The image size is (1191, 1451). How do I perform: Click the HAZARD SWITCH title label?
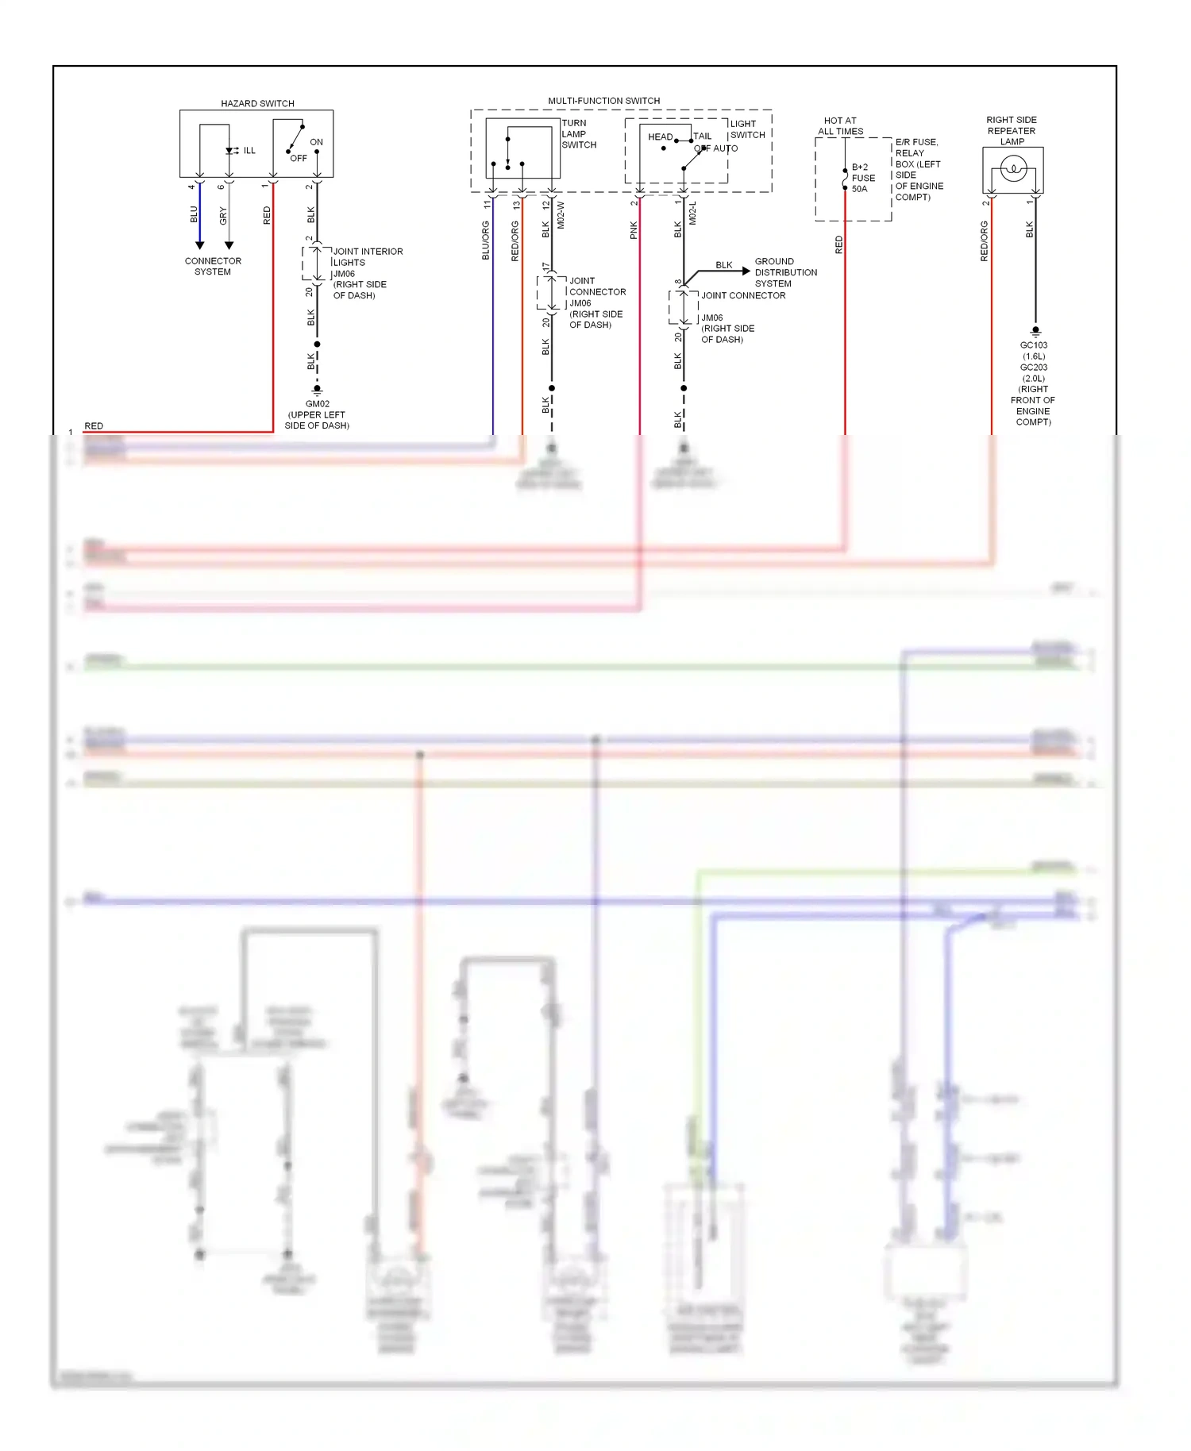point(257,103)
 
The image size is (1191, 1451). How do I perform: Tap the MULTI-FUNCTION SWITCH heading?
point(603,101)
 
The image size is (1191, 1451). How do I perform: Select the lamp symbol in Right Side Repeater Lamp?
point(1013,168)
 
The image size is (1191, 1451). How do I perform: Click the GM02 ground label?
point(317,403)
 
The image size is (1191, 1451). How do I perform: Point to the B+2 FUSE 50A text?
point(863,178)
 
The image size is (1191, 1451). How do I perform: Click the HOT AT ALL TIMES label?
point(840,125)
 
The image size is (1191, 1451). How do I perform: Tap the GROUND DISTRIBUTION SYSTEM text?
point(784,272)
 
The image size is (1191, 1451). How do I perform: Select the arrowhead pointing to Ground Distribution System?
point(746,271)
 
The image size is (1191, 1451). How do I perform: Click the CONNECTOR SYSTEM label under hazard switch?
point(213,266)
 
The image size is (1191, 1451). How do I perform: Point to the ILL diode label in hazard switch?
point(249,151)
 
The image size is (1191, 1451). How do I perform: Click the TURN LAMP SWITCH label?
point(578,134)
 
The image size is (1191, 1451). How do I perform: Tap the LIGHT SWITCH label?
point(746,129)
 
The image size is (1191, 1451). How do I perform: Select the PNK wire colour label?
point(634,230)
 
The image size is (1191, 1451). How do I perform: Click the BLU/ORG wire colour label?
point(486,241)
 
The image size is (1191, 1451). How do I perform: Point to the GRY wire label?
point(223,216)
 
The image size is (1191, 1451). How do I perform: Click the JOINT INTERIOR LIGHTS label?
point(367,256)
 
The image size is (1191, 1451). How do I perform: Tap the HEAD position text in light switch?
point(660,137)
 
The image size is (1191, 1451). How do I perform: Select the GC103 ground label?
point(1033,345)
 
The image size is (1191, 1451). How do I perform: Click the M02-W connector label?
point(561,215)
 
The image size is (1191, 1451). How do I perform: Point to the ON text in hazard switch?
point(316,142)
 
